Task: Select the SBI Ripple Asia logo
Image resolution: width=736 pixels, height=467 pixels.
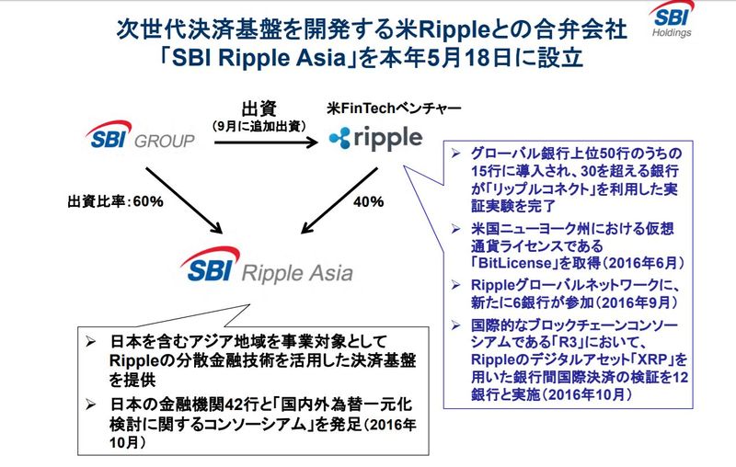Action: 268,271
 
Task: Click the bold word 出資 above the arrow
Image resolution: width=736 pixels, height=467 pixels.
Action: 259,108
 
